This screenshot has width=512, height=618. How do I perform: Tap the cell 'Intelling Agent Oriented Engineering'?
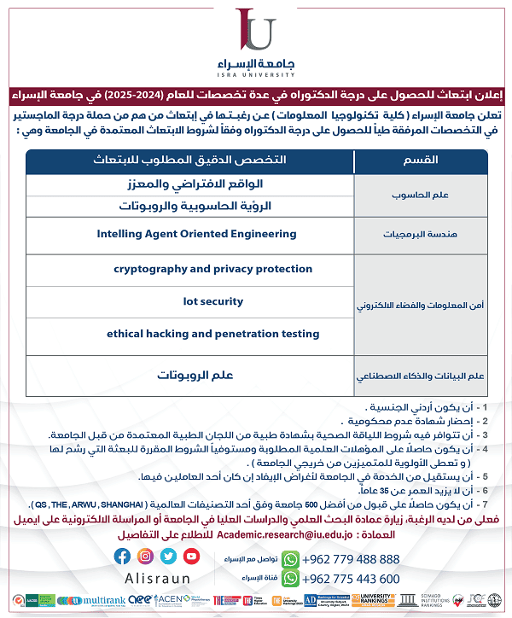(197, 233)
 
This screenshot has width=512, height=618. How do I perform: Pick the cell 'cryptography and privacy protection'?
(201, 269)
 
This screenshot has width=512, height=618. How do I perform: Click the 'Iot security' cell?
(213, 301)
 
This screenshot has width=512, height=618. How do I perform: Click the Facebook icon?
(122, 556)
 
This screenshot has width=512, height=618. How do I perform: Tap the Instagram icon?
(146, 556)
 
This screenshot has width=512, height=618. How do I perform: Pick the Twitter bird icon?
(170, 556)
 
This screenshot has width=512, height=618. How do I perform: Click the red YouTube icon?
(193, 556)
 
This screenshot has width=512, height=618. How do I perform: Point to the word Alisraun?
(158, 577)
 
